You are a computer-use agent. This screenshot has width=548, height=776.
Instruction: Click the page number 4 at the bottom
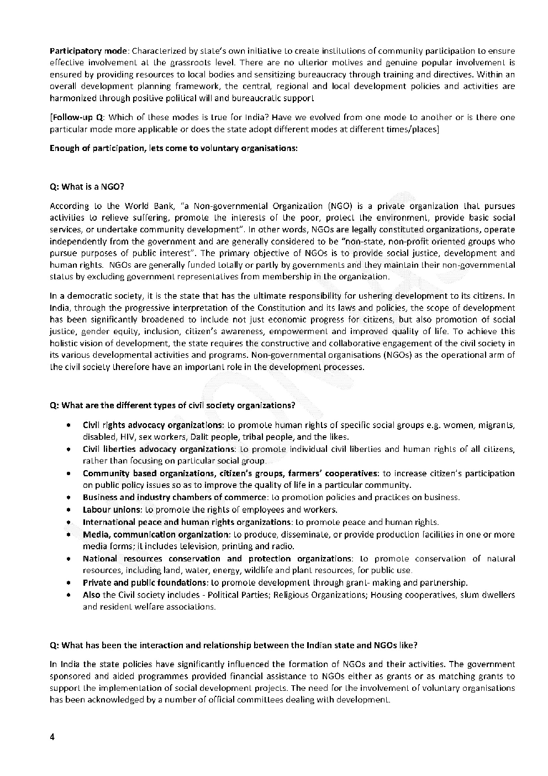point(52,737)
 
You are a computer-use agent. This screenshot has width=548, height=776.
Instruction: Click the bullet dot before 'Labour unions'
point(67,509)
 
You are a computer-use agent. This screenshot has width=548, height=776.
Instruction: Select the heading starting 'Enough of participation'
point(173,148)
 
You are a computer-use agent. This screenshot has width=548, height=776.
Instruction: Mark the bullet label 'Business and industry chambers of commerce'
point(175,497)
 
